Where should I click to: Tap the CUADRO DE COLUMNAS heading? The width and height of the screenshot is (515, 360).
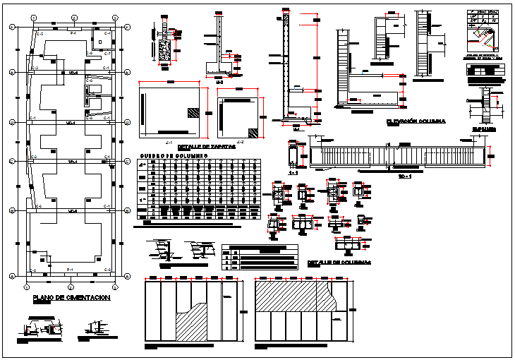click(x=173, y=155)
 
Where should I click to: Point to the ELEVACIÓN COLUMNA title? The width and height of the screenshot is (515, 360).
click(x=416, y=121)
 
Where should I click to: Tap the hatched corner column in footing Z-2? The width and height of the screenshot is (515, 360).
click(x=252, y=131)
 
